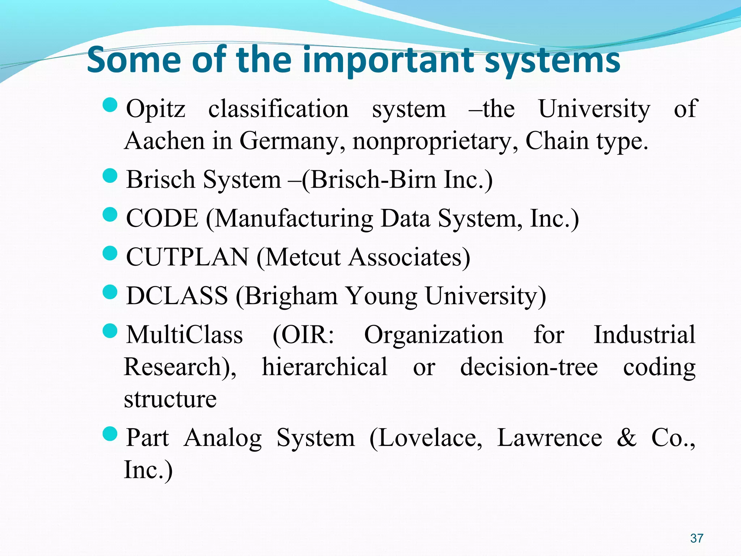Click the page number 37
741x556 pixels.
coord(696,538)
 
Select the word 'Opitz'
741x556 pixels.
coord(156,109)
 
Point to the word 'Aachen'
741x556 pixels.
coord(164,141)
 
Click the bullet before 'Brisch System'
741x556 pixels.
coord(110,176)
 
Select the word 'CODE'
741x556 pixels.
coord(162,218)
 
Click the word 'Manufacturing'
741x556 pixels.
coord(293,219)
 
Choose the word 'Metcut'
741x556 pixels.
coord(304,257)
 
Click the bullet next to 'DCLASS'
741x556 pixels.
coord(110,292)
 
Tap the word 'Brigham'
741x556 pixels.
coord(291,296)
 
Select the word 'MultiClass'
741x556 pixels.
coord(185,334)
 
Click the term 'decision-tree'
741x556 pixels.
coord(529,367)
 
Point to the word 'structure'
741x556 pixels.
coord(170,399)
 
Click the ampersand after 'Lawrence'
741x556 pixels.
coord(626,437)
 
